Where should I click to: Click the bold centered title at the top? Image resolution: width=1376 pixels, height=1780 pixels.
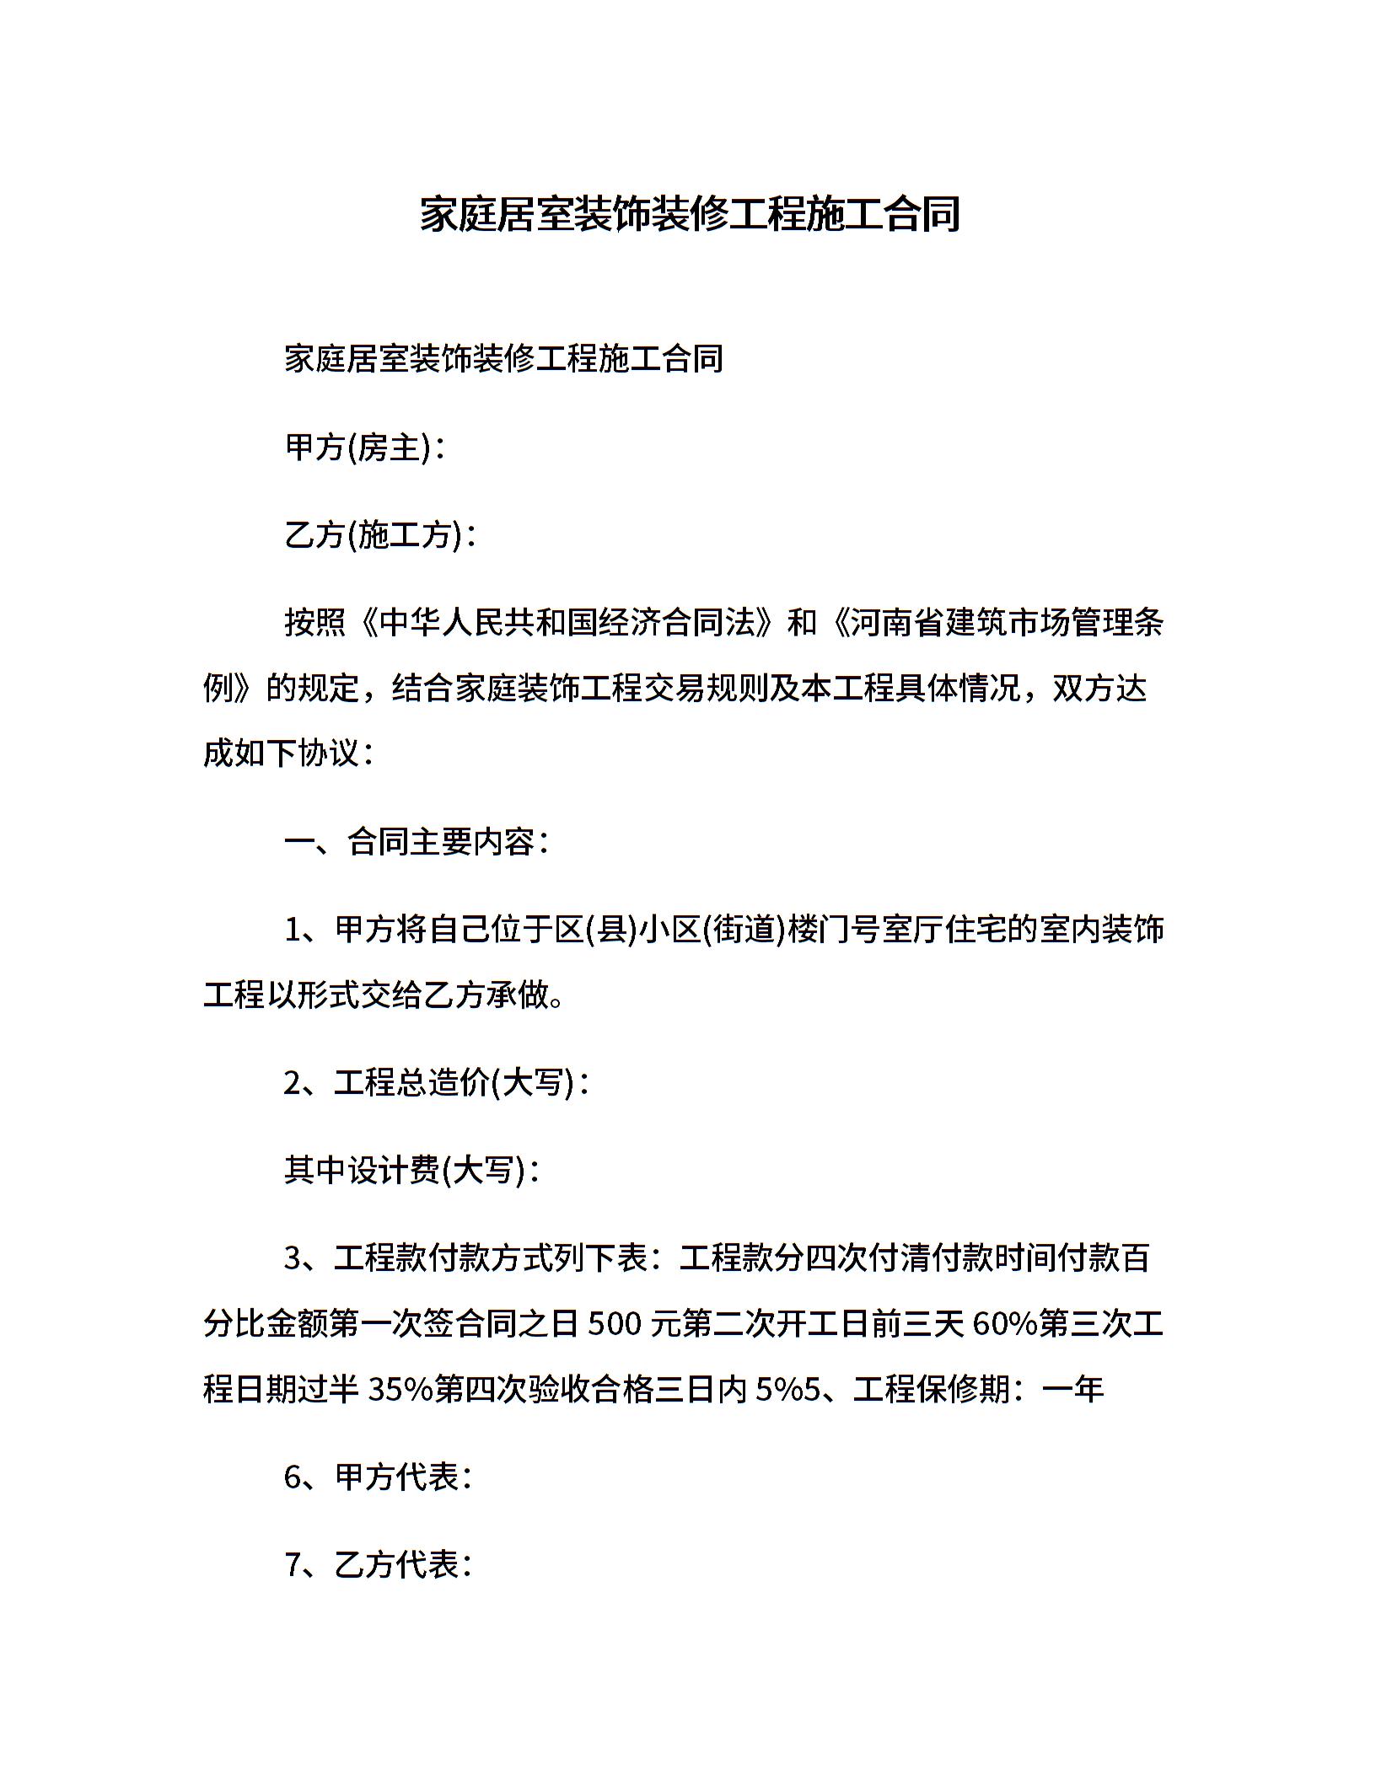[x=690, y=215]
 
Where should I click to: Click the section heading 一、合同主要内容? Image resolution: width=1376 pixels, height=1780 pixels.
[x=417, y=842]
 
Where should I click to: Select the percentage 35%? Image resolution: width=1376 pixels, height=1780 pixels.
[x=400, y=1390]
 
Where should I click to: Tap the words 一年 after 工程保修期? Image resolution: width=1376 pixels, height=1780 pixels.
[x=1073, y=1390]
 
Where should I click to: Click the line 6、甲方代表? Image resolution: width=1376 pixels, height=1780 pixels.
[x=378, y=1477]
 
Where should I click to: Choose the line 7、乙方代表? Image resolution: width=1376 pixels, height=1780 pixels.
[x=378, y=1565]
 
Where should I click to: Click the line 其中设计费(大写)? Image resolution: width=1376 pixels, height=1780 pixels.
[x=411, y=1171]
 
